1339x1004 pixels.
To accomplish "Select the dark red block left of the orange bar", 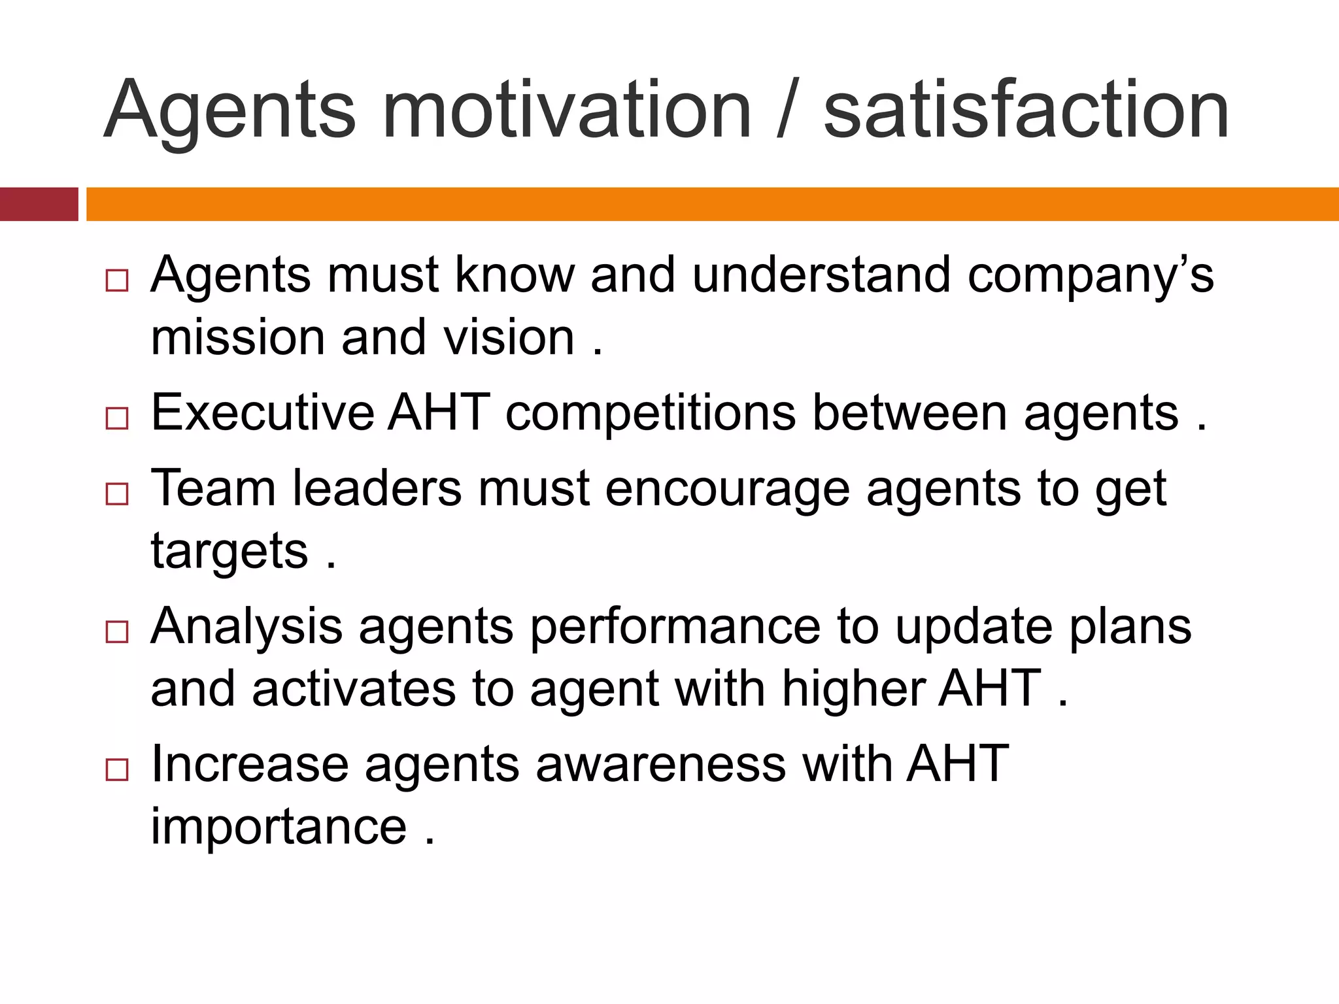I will pyautogui.click(x=39, y=204).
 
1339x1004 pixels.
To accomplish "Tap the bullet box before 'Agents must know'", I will pyautogui.click(x=117, y=281).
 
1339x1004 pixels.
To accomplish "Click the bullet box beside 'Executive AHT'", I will pyautogui.click(x=117, y=418).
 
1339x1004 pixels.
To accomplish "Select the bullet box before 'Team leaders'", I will pyautogui.click(x=117, y=494).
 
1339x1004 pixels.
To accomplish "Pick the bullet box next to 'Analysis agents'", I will pyautogui.click(x=117, y=632).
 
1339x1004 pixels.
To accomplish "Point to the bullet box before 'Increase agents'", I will pyautogui.click(x=117, y=770).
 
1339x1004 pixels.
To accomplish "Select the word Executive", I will pyautogui.click(x=262, y=413).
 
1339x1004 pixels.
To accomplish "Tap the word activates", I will pyautogui.click(x=354, y=690).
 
